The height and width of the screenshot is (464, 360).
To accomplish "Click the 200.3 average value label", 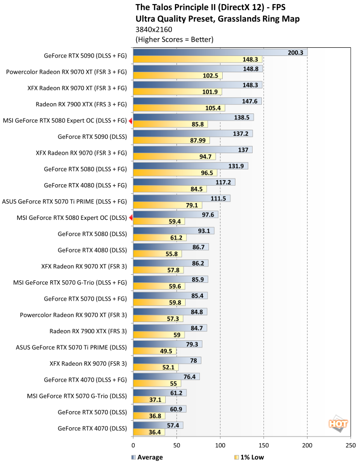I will coord(295,52).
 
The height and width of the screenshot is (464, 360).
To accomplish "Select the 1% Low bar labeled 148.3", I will coord(197,59).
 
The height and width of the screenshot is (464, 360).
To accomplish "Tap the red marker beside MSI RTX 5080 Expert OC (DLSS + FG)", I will coord(131,121).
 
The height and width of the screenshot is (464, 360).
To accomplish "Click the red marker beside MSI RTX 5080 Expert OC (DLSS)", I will coord(131,218).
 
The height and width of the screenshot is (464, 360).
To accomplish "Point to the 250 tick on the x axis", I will coord(350,445).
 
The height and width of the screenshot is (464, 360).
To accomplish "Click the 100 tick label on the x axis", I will coord(220,445).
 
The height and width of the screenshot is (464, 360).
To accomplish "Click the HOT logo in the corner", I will coord(335,423).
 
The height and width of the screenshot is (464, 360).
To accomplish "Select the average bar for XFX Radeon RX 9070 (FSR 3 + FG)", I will coord(192,150).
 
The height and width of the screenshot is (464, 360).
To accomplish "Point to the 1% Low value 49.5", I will coord(167,351).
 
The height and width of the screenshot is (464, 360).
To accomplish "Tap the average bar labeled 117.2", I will coord(184,182).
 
